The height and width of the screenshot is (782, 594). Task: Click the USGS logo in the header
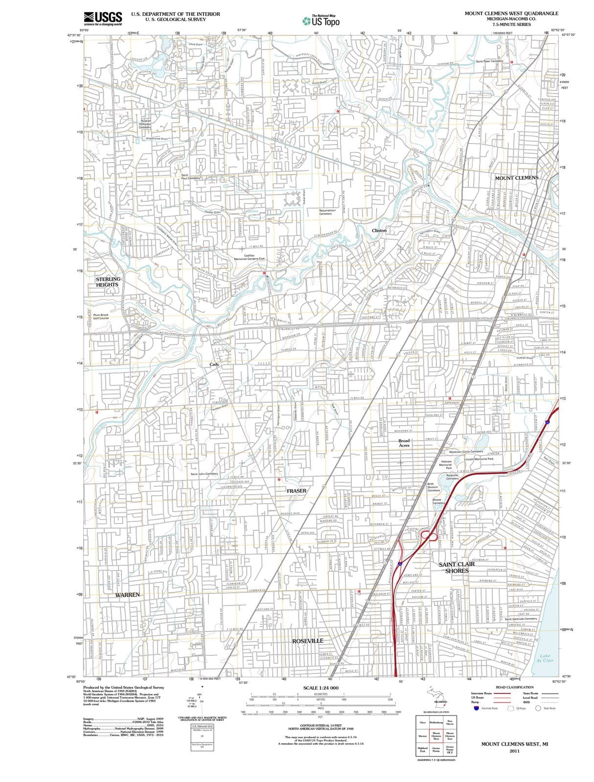click(x=103, y=18)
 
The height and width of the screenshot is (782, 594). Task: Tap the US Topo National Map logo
click(x=321, y=21)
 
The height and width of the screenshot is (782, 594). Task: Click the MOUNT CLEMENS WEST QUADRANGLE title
click(x=511, y=13)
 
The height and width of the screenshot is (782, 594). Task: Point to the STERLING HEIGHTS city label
click(x=108, y=282)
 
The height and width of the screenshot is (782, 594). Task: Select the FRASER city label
click(x=297, y=490)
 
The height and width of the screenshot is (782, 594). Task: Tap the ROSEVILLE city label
click(x=308, y=640)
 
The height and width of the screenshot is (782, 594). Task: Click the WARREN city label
click(x=127, y=595)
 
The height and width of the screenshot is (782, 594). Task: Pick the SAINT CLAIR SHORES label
click(x=457, y=567)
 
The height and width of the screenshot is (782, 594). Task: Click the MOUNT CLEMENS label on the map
click(x=516, y=178)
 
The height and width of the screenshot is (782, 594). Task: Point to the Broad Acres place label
click(x=404, y=443)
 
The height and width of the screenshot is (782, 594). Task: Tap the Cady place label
click(x=214, y=364)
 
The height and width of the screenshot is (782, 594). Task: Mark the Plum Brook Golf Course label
click(x=101, y=316)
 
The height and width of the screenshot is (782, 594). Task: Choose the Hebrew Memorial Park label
click(x=446, y=464)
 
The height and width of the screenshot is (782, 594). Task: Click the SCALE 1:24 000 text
click(x=320, y=688)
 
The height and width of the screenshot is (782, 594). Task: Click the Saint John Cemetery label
click(x=204, y=474)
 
